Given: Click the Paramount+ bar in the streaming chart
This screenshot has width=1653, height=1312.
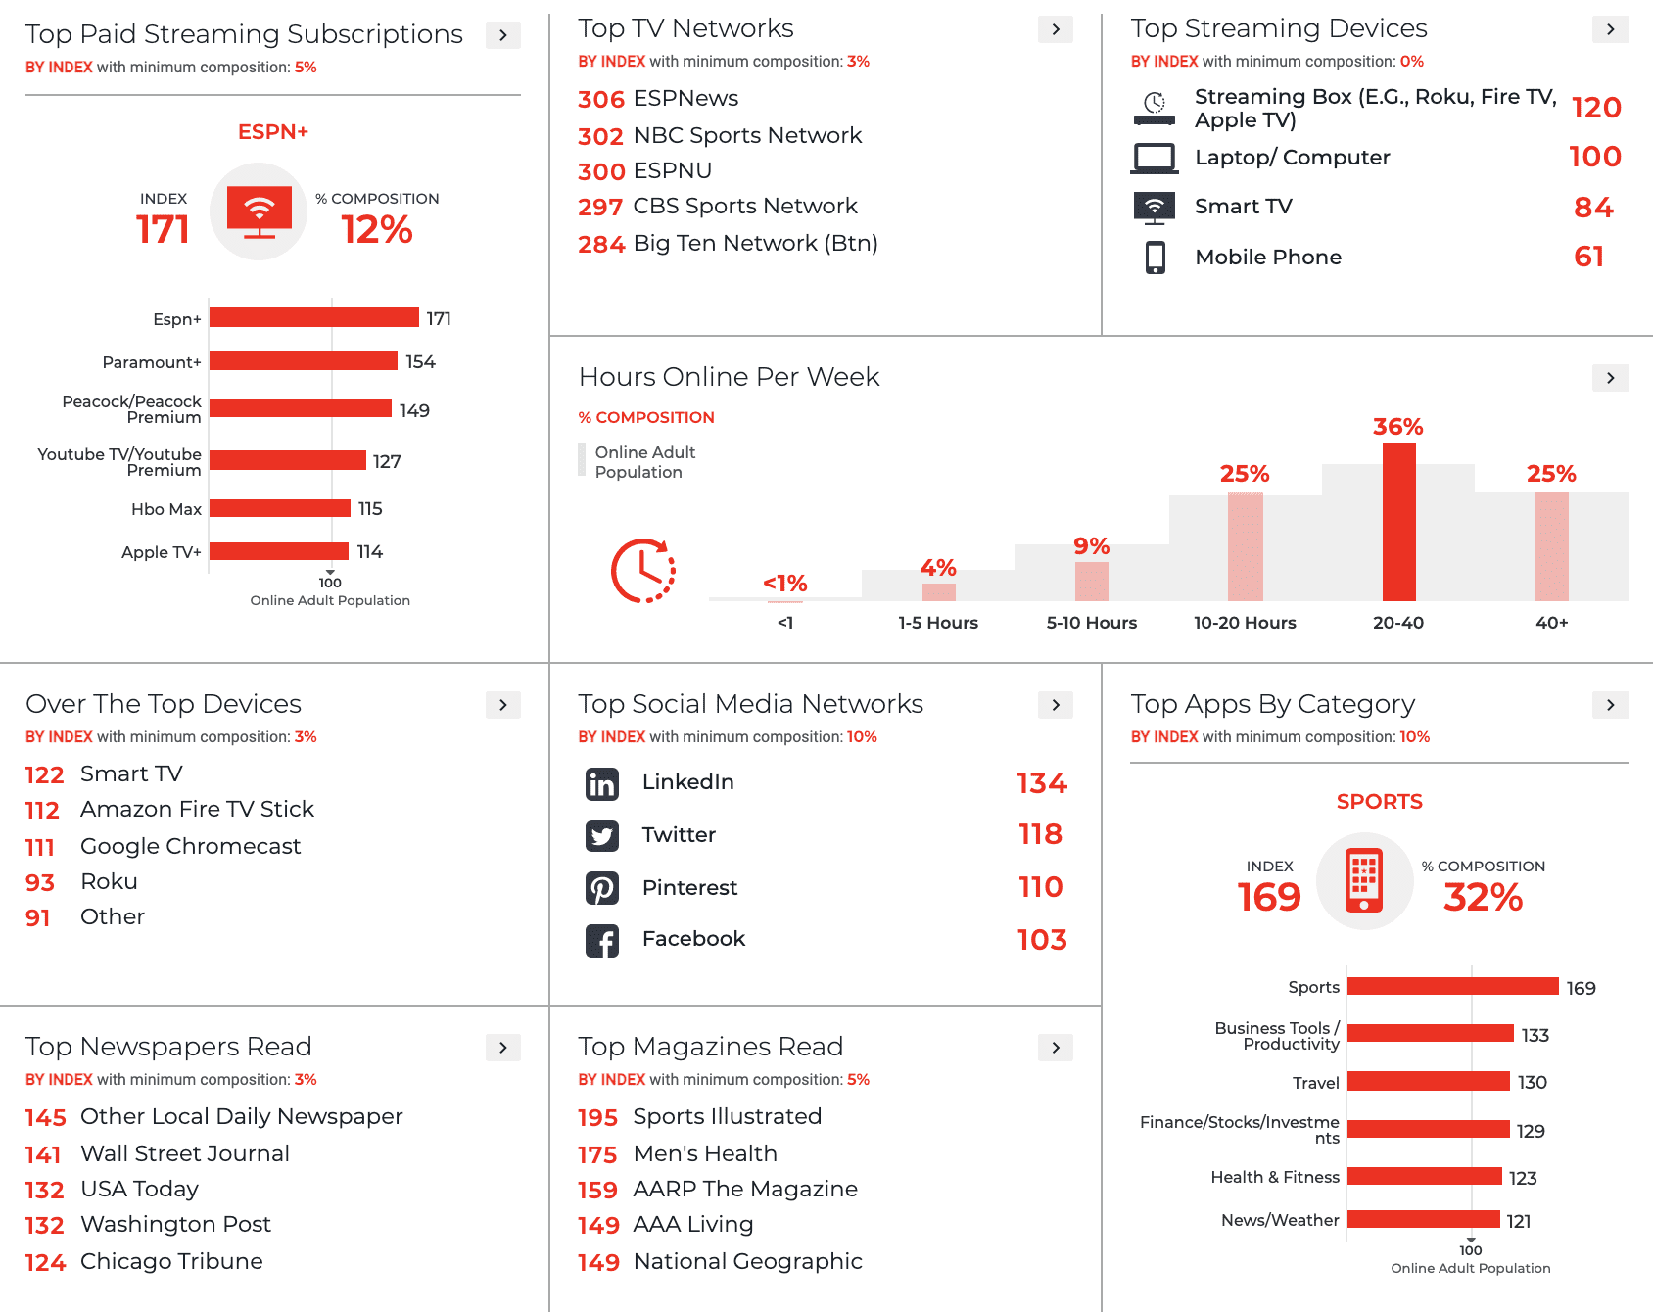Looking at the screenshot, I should pos(304,361).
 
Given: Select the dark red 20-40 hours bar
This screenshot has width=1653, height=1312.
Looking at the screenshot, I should pos(1398,521).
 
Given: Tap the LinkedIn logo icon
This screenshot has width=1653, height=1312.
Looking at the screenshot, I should pos(601,783).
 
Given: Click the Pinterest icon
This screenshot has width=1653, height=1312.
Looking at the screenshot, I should pos(601,888).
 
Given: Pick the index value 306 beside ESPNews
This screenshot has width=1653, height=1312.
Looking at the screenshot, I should pos(600,100).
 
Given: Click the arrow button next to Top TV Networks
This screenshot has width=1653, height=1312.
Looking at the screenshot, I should pos(1055,29).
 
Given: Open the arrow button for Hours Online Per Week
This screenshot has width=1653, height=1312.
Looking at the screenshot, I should pos(1610,378).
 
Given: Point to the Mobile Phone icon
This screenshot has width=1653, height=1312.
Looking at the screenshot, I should pos(1156,258).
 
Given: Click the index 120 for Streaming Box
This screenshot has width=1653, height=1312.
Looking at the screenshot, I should pos(1595,108).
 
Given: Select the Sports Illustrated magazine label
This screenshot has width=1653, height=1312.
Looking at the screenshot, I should pos(727,1116).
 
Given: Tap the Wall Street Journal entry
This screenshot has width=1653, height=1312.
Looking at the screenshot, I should pos(184,1153).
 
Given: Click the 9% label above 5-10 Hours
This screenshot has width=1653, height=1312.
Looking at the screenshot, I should pos(1091,546).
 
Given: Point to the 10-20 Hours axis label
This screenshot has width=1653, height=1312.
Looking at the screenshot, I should pos(1244,623).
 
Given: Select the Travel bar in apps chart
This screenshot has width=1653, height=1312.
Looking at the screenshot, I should pos(1428,1081).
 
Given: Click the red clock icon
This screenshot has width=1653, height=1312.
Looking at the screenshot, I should pos(642,571).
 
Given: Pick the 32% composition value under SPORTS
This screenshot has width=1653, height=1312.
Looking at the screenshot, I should pos(1482,897).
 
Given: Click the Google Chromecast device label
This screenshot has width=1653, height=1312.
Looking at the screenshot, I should pos(190,846).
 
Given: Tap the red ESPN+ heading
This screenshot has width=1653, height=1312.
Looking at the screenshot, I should pos(273,132).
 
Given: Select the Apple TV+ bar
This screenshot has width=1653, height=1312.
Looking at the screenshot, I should pos(279,551).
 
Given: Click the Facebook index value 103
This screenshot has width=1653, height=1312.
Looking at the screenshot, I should pos(1041,940).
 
